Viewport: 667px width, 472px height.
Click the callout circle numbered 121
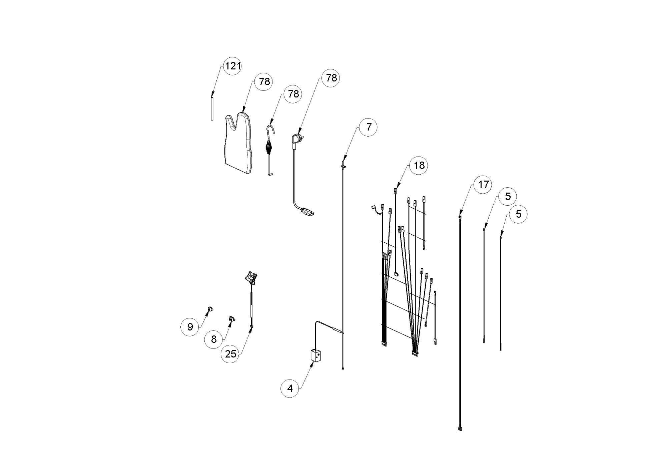(232, 66)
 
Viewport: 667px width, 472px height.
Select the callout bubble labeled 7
(368, 127)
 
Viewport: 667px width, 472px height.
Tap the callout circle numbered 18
(419, 165)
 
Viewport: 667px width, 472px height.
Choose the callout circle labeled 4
(290, 389)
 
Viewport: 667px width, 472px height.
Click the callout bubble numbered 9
(190, 326)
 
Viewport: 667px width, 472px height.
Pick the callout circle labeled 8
(214, 339)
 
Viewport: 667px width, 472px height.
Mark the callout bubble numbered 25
(230, 354)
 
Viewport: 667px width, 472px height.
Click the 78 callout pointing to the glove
(264, 81)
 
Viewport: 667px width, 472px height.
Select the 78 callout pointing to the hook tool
(293, 94)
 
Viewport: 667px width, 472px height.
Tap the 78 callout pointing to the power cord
(331, 78)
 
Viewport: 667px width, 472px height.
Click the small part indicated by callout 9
(210, 308)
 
